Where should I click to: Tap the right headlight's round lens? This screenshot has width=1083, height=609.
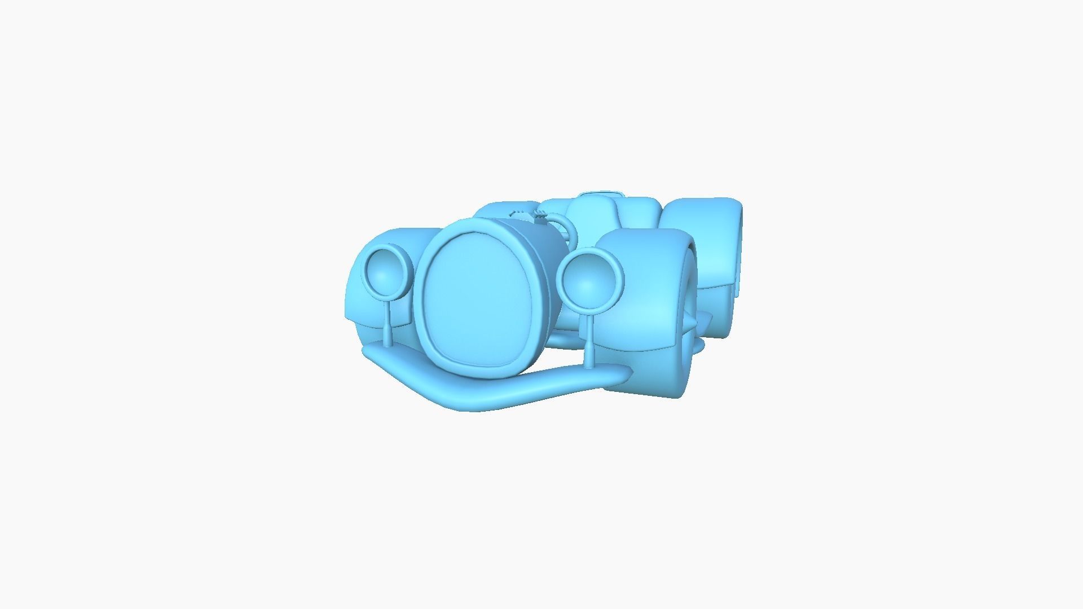[x=590, y=283]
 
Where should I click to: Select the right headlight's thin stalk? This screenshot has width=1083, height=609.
[x=590, y=338]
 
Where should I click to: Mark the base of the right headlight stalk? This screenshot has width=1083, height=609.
[x=590, y=364]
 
